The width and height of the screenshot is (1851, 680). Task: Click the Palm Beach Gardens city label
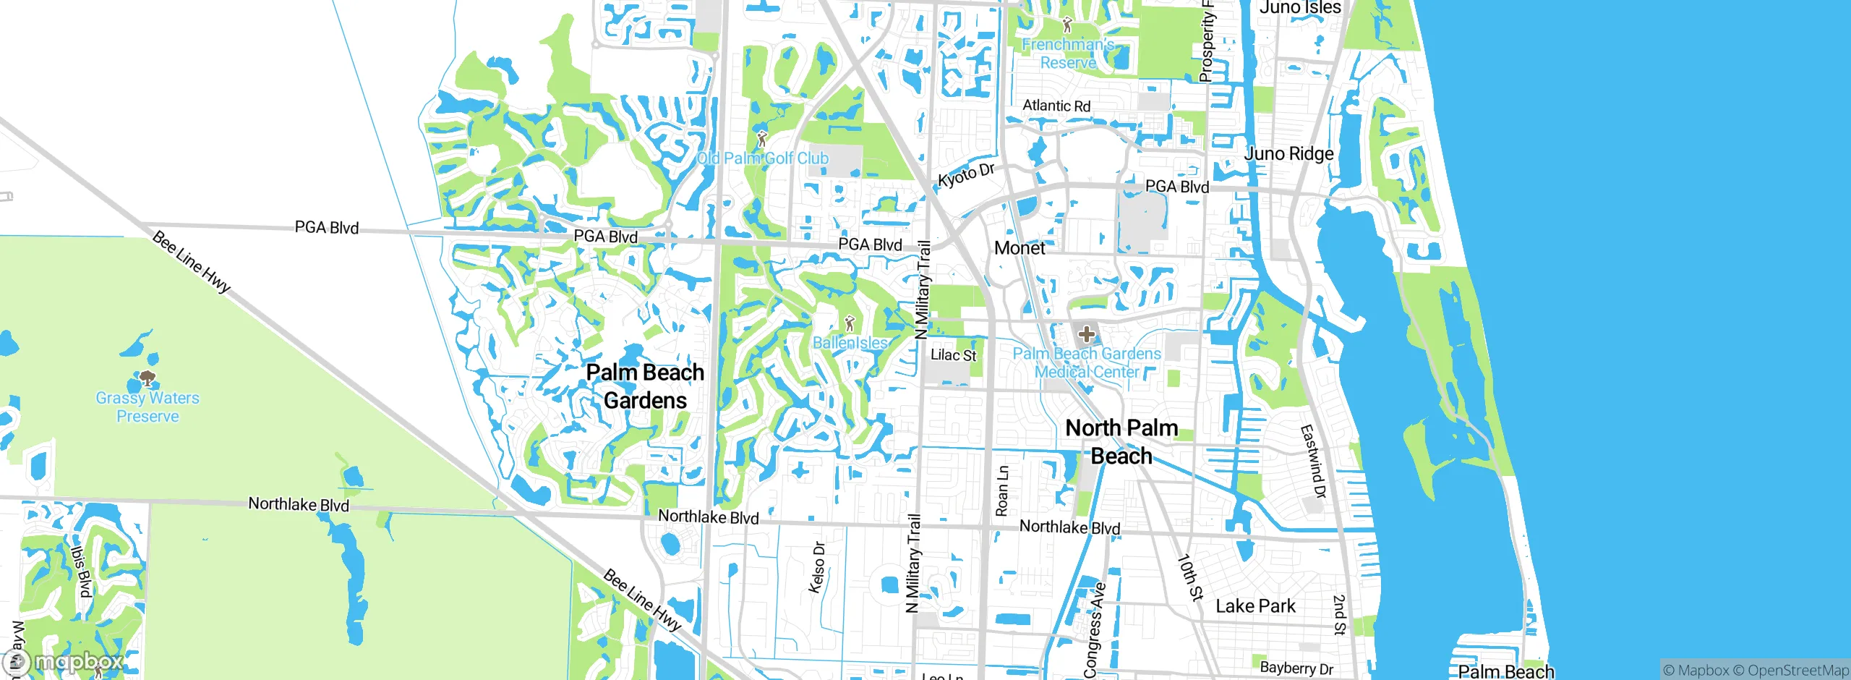click(x=644, y=386)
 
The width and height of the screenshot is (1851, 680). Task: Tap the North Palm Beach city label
click(x=1121, y=441)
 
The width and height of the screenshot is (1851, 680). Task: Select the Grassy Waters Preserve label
click(x=148, y=407)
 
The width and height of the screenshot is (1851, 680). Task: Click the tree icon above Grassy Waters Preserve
click(x=148, y=378)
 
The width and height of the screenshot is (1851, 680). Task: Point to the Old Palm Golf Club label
click(x=762, y=158)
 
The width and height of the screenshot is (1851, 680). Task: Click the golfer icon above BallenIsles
click(x=850, y=323)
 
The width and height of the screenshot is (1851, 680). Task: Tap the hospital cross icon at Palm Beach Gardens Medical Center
click(x=1086, y=334)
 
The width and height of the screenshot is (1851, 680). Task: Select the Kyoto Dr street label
click(x=966, y=175)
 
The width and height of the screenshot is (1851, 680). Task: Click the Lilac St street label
click(x=953, y=355)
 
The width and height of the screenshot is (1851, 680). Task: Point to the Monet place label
click(x=1019, y=248)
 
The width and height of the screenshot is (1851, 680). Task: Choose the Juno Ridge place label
click(x=1288, y=153)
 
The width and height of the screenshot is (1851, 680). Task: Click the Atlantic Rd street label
click(x=1056, y=106)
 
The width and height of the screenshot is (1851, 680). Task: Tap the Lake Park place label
click(x=1255, y=606)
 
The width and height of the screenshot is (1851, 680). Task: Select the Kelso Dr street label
click(x=817, y=568)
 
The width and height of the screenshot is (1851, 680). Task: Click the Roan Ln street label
click(x=1002, y=490)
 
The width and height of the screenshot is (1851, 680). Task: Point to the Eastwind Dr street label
click(x=1313, y=462)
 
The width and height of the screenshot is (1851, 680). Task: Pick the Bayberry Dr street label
click(x=1296, y=668)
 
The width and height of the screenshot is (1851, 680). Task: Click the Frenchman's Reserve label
click(x=1068, y=54)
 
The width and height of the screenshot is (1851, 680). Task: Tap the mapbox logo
click(x=64, y=662)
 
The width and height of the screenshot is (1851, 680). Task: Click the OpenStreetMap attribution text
click(x=1797, y=671)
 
